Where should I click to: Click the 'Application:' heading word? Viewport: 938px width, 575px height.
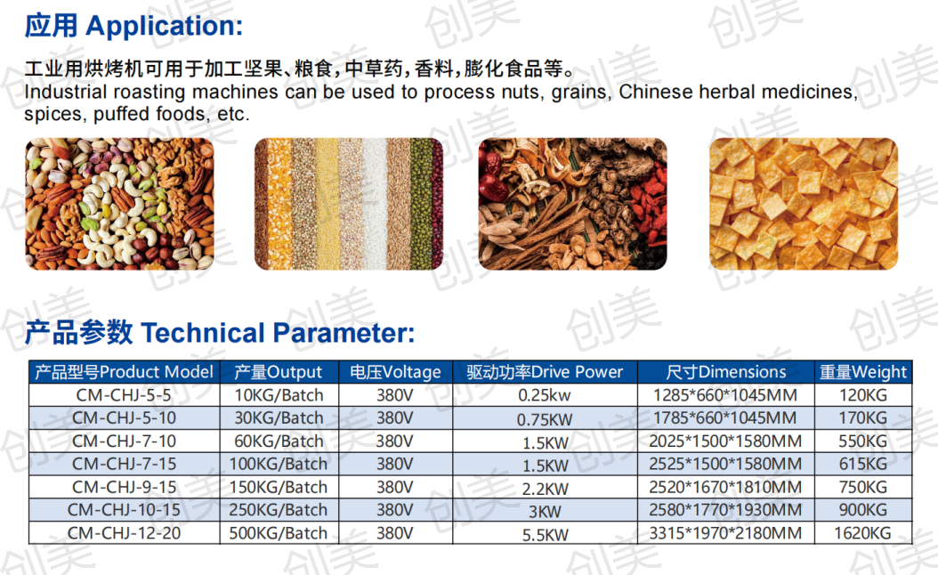165,27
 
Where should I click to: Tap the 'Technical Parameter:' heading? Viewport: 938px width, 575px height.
278,333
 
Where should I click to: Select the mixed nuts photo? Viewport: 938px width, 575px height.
119,204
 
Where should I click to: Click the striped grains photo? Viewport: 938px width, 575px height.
349,204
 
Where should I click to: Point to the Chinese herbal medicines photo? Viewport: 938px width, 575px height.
572,204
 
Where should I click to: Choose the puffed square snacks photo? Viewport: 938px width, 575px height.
804,204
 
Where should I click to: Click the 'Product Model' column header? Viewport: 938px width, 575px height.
156,372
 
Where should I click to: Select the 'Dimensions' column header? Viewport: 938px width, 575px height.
742,372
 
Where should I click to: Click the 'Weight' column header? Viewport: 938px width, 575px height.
879,372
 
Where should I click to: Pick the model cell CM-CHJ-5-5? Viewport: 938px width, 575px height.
124,395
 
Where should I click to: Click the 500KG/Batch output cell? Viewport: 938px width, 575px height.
279,533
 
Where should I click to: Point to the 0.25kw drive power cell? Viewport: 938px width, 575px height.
545,395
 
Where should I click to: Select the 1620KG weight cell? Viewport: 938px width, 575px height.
862,533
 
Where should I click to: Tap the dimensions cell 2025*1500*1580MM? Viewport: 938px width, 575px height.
725,441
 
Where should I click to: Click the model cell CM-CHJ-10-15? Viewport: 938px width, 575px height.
124,510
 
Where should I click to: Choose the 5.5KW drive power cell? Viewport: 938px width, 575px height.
545,535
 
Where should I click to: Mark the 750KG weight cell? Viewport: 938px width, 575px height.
862,488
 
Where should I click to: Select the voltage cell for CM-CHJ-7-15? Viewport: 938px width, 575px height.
395,465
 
